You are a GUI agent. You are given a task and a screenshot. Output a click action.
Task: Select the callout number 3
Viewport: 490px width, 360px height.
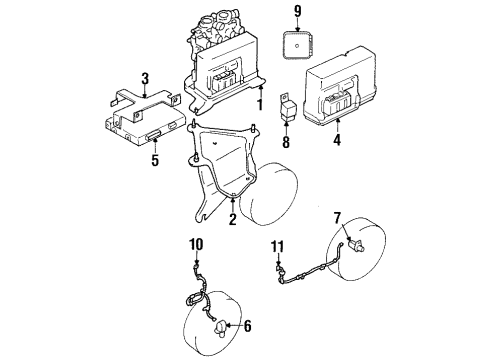[146, 78]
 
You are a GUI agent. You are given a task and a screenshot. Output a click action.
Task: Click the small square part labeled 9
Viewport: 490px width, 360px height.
[298, 46]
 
